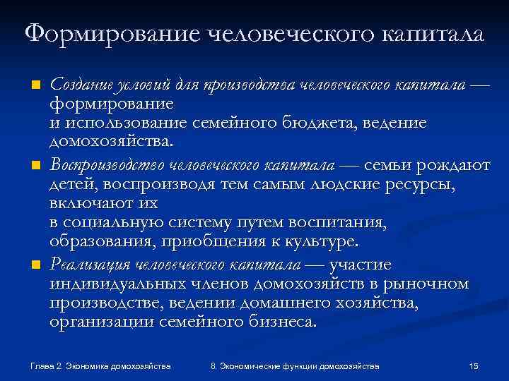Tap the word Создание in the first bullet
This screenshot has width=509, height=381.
coord(78,85)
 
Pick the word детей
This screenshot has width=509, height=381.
coord(73,185)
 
